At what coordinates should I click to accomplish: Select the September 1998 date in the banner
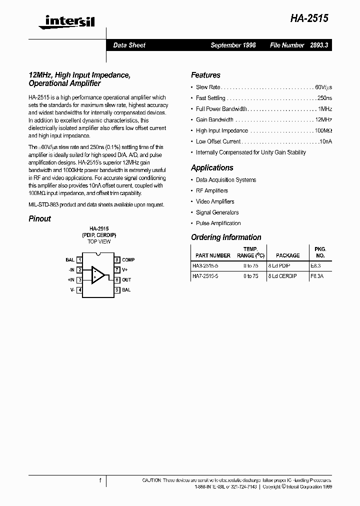233,45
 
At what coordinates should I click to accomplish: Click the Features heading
205,75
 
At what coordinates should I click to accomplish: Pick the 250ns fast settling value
324,98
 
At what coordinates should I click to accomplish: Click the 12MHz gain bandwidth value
323,120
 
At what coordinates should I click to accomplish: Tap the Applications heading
212,168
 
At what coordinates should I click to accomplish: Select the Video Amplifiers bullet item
215,201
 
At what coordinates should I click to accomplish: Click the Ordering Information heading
226,237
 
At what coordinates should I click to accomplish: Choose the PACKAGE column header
287,255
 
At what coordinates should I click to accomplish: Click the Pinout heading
39,219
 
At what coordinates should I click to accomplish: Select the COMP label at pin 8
128,260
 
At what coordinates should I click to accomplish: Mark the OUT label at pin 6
126,280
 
